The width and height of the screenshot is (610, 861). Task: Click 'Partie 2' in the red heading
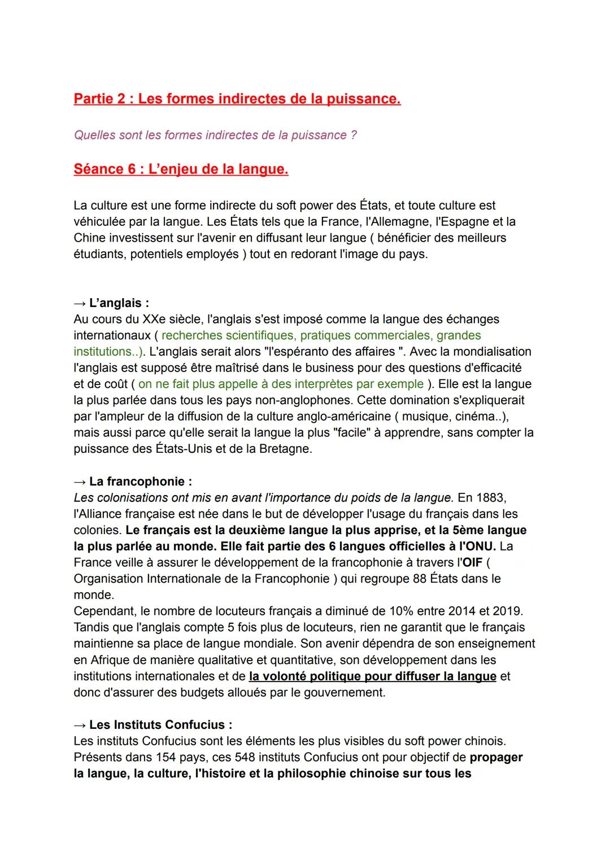(x=99, y=99)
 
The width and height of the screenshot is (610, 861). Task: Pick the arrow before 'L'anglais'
(x=80, y=303)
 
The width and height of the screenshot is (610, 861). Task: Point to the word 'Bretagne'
(x=285, y=449)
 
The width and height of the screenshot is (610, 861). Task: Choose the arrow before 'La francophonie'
(x=80, y=482)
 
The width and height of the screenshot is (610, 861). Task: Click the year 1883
(x=490, y=498)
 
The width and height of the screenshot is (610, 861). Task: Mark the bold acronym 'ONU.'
(x=477, y=547)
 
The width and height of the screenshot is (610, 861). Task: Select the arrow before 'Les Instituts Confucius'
(x=80, y=725)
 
